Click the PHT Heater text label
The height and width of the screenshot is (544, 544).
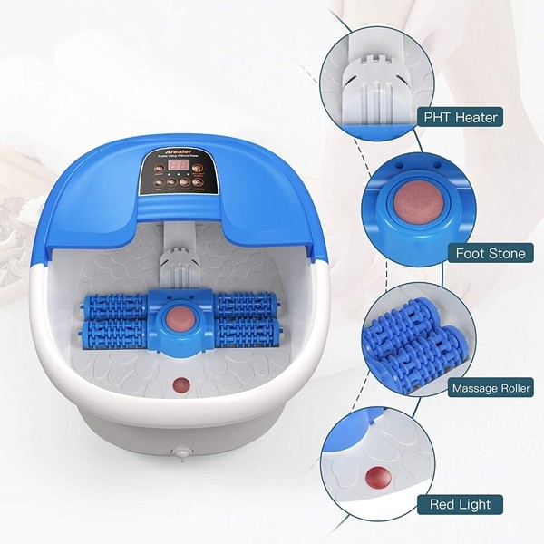pyautogui.click(x=460, y=117)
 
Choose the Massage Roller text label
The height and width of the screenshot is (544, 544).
pyautogui.click(x=490, y=388)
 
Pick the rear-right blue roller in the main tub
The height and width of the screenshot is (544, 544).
pyautogui.click(x=245, y=303)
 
